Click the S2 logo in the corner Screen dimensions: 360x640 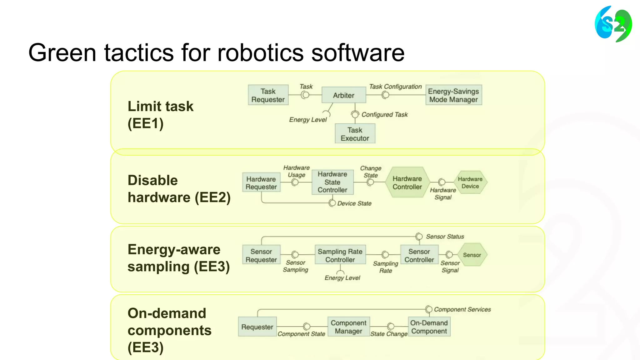point(613,24)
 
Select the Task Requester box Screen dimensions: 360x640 point(268,95)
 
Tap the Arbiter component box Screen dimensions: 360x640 point(343,95)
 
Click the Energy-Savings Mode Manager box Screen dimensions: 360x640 point(453,95)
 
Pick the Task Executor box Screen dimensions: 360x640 point(355,134)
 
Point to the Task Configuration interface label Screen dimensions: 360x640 point(395,87)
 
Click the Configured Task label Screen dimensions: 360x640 point(384,115)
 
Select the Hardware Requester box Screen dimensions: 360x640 point(261,183)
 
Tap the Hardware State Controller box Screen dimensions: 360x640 point(332,182)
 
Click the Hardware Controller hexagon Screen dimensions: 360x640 point(407,183)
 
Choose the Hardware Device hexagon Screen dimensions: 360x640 point(470,182)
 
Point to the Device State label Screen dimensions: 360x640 point(354,203)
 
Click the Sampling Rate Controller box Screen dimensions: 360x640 point(340,255)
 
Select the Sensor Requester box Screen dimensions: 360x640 point(261,255)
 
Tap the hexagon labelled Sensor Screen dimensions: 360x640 point(472,255)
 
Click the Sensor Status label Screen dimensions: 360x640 point(445,237)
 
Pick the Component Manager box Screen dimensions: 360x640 point(348,327)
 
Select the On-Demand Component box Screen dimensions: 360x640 point(429,327)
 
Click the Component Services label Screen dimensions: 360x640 point(462,309)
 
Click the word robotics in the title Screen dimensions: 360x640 point(260,52)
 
